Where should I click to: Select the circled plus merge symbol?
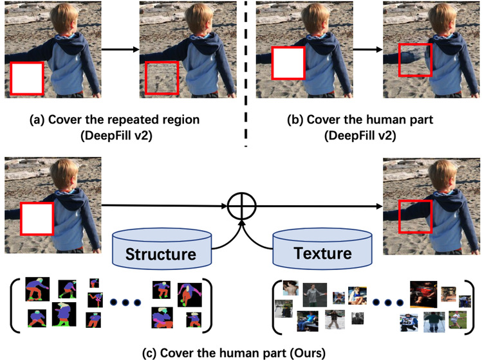243,206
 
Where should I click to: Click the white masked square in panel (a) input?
27,79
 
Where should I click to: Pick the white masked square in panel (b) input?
288,67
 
